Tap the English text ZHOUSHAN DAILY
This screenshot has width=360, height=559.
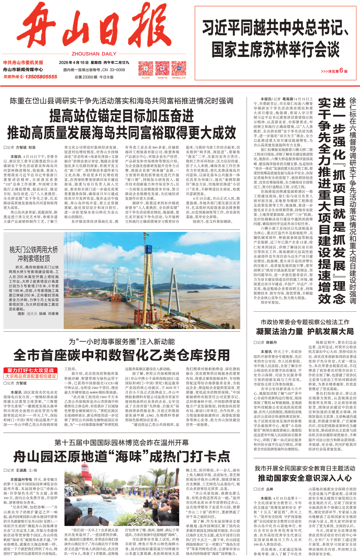pyautogui.click(x=94, y=54)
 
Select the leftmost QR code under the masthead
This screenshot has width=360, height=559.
pyautogui.click(x=145, y=69)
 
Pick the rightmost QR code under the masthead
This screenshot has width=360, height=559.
pyautogui.click(x=179, y=69)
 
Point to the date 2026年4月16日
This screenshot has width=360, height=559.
pyautogui.click(x=74, y=63)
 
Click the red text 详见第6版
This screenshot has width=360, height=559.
pyautogui.click(x=334, y=71)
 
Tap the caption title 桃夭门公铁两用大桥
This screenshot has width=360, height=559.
pyautogui.click(x=34, y=250)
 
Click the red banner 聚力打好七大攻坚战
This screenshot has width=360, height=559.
pyautogui.click(x=31, y=370)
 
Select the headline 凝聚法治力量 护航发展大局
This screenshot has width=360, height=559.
pyautogui.click(x=305, y=331)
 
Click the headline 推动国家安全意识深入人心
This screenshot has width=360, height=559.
pyautogui.click(x=305, y=478)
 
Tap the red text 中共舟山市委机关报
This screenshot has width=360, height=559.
pyautogui.click(x=23, y=63)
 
